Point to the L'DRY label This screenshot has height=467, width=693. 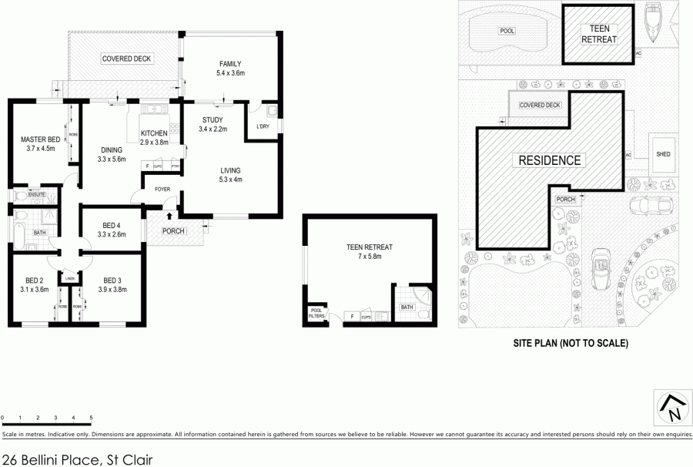point(261,128)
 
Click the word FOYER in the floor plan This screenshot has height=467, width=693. point(162,187)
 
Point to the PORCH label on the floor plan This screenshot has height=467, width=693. point(172,231)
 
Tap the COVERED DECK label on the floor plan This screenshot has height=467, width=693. point(126,59)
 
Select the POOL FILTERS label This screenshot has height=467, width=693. point(316,314)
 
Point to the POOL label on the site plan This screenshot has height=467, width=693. point(506,31)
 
